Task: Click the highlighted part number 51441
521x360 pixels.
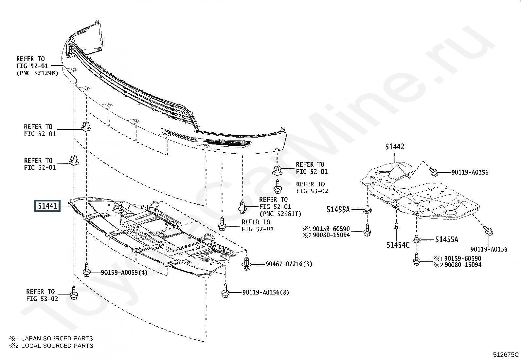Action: [x=47, y=206]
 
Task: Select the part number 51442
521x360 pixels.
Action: [x=394, y=147]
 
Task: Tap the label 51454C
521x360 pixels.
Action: [x=398, y=245]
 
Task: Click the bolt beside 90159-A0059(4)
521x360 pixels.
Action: [x=87, y=271]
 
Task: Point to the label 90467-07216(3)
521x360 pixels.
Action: [x=289, y=264]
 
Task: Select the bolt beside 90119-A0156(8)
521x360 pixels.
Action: [x=225, y=291]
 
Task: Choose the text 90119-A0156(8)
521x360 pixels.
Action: [x=265, y=292]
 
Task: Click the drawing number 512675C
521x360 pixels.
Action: [x=506, y=354]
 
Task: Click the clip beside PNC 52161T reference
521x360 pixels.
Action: [x=242, y=206]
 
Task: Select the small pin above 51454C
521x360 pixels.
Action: [x=396, y=225]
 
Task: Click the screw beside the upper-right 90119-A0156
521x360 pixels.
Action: [x=433, y=171]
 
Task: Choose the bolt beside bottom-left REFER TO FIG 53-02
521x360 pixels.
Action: [x=74, y=292]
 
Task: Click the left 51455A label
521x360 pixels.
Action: [x=338, y=209]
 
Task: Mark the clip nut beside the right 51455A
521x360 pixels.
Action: [x=417, y=239]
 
